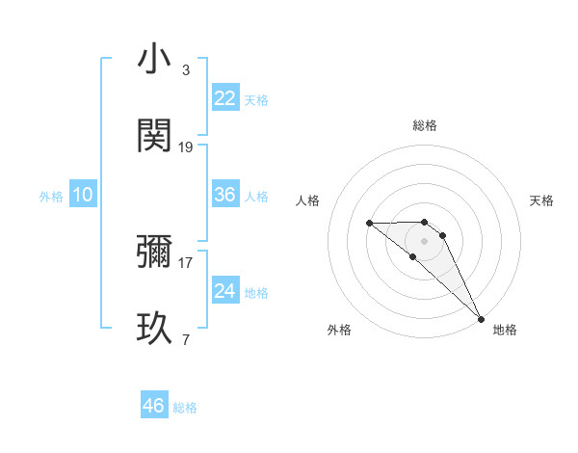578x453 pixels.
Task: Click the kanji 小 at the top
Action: coord(154,60)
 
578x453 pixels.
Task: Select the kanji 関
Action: coord(154,136)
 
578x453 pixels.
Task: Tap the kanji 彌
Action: coord(154,252)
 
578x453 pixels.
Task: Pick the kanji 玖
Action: coord(154,329)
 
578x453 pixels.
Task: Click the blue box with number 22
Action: coord(225,98)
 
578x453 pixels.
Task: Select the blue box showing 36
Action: coord(225,195)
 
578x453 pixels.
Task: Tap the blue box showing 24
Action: coord(225,290)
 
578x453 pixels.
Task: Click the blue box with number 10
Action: coord(83,195)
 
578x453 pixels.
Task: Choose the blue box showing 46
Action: coord(154,405)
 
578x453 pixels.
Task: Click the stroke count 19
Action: coord(186,147)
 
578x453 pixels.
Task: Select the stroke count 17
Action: coord(186,262)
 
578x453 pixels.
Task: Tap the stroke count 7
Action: coord(185,339)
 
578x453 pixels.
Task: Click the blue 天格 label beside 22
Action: coord(256,100)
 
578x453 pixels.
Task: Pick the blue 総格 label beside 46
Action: coord(185,408)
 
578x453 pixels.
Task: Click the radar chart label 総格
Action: coord(424,125)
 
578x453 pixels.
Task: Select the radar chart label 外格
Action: coord(339,330)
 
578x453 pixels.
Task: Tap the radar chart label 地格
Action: coord(505,330)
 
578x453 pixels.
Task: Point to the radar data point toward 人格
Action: coord(369,224)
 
